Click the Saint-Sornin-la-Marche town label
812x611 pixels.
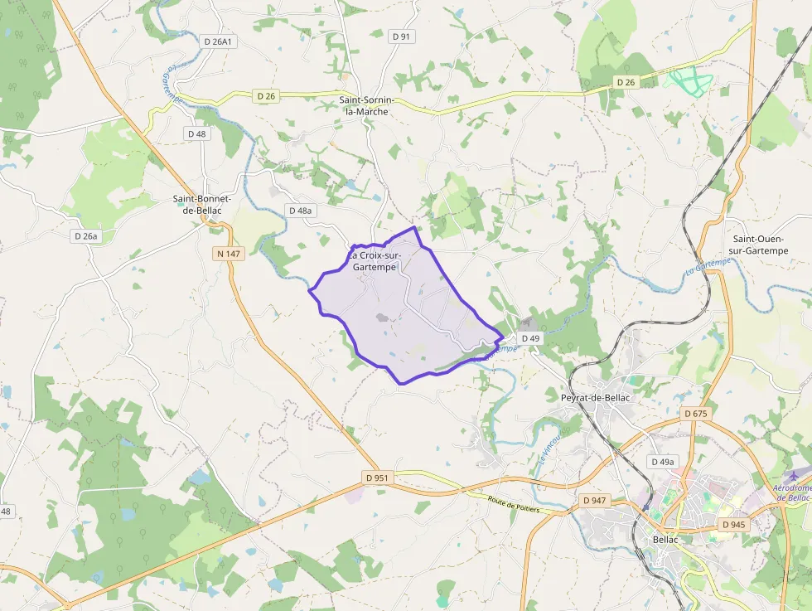pos(365,105)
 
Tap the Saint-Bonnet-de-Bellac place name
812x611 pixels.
pos(201,204)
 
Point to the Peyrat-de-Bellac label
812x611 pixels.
pos(595,398)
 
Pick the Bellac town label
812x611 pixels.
pos(665,540)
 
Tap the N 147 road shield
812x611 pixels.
pos(229,254)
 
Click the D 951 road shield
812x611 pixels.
pos(377,478)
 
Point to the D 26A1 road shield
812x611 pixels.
pos(217,41)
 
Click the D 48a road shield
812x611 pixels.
pos(301,211)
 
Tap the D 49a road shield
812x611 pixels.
pos(663,462)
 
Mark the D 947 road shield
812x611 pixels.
pos(595,501)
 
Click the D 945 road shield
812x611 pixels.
pos(732,525)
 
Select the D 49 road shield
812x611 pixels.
pos(530,338)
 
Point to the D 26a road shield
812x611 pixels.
pos(85,236)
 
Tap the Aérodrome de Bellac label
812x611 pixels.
pos(792,492)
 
